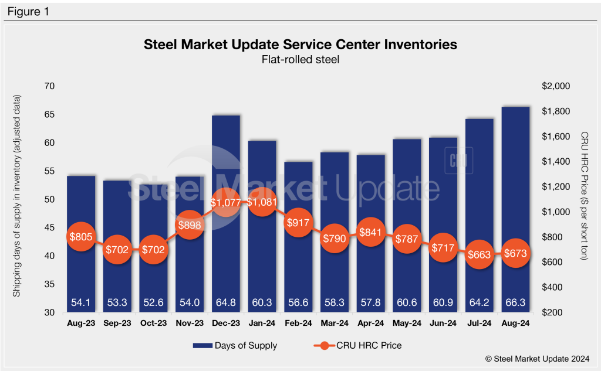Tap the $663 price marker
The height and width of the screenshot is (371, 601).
(x=480, y=254)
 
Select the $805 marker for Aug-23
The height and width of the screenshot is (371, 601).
(x=80, y=237)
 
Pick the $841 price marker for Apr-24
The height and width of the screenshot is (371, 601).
(x=370, y=232)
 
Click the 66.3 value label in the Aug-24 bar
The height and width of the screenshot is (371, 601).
(x=516, y=302)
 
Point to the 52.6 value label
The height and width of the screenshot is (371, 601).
(x=153, y=302)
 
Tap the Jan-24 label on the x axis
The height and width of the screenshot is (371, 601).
(x=262, y=322)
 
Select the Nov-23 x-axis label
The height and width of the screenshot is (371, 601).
(x=190, y=322)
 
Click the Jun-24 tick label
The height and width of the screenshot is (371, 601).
(x=443, y=322)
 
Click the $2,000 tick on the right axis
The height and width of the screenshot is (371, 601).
(x=554, y=86)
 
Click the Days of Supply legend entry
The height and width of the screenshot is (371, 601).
(x=235, y=345)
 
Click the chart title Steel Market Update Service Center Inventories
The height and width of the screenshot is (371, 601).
(x=300, y=45)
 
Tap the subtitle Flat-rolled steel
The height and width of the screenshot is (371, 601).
(x=300, y=59)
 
